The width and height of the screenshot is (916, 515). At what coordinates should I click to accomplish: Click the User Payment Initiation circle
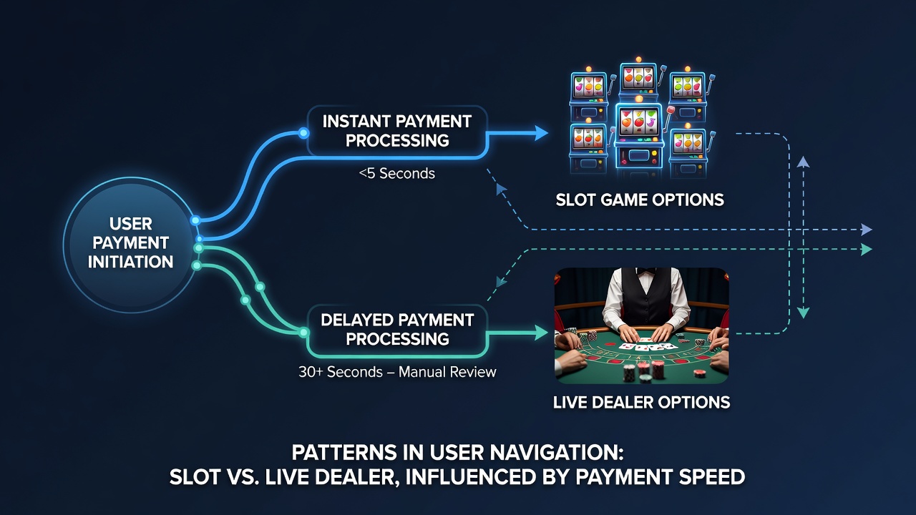[x=130, y=245]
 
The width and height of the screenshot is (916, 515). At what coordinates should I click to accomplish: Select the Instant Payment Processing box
[x=397, y=131]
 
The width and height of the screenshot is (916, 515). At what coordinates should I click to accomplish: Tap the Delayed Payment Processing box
[x=397, y=330]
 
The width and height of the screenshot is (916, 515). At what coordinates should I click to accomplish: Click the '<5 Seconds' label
[x=396, y=174]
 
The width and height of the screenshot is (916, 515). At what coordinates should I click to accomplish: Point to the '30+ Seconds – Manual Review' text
[x=397, y=372]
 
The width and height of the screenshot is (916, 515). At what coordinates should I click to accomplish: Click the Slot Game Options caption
[x=640, y=200]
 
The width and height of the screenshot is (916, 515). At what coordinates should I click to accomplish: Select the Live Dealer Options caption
[x=641, y=402]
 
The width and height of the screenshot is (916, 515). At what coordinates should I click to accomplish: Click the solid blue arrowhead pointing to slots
[x=540, y=133]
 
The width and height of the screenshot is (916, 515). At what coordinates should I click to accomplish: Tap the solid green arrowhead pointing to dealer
[x=540, y=333]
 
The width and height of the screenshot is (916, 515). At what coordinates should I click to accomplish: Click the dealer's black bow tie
[x=646, y=271]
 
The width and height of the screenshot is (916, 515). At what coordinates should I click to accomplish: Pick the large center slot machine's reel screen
[x=638, y=122]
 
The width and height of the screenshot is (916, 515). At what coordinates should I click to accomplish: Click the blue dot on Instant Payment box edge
[x=303, y=133]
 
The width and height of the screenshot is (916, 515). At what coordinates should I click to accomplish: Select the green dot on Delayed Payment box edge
[x=303, y=333]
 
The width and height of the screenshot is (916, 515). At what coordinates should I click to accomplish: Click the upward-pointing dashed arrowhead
[x=804, y=162]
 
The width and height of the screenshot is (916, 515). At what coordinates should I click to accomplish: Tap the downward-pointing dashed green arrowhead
[x=804, y=313]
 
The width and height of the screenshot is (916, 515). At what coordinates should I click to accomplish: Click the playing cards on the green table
[x=646, y=345]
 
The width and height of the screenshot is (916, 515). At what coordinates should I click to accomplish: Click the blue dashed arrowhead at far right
[x=867, y=230]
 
